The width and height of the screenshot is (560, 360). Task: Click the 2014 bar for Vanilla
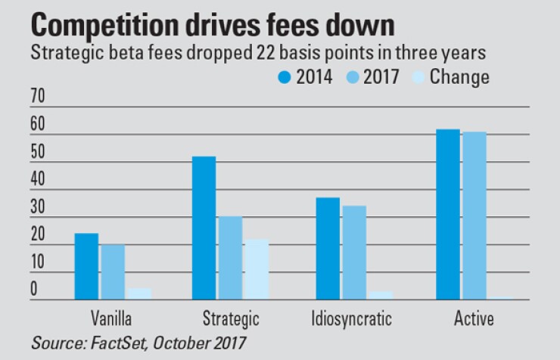(x=86, y=266)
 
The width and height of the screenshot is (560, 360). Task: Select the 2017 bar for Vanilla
(x=113, y=272)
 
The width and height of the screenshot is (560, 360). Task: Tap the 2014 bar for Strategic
(x=204, y=228)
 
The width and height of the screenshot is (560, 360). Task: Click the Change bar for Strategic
(x=257, y=269)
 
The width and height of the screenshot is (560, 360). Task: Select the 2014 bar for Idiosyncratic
(x=327, y=249)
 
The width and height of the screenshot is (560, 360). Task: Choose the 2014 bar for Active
(x=448, y=215)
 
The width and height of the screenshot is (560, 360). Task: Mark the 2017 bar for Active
(x=474, y=216)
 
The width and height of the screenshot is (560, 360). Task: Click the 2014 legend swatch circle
(x=284, y=77)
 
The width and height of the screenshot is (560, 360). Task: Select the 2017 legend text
(x=382, y=77)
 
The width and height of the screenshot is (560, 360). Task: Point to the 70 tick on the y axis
(x=37, y=96)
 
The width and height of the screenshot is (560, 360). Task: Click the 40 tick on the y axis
(x=37, y=179)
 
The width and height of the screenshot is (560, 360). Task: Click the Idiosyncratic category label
(x=352, y=318)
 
